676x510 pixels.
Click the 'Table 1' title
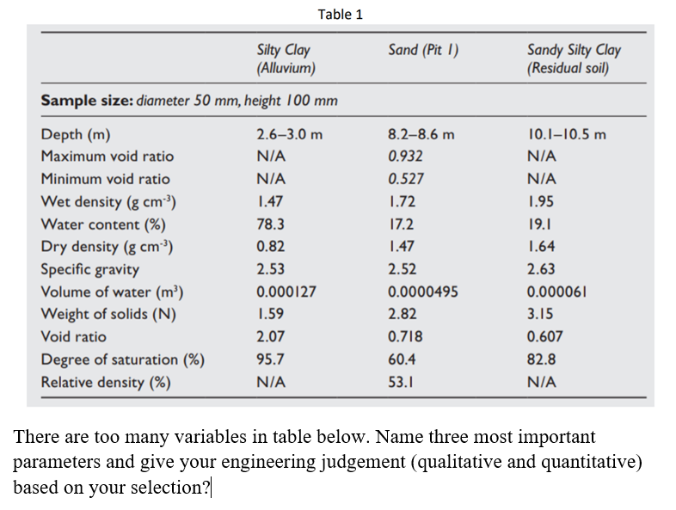tap(340, 14)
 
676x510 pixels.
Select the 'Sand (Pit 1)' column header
tap(422, 50)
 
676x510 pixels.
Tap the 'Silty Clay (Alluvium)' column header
tap(285, 58)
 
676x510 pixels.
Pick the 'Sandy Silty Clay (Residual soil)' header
tap(573, 58)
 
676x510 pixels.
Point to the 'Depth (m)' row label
tap(76, 134)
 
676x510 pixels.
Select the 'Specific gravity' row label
tap(90, 269)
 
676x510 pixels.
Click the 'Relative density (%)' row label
tap(105, 382)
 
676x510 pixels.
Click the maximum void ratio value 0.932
tap(405, 157)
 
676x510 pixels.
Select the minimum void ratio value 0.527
tap(405, 179)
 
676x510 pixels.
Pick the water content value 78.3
tap(271, 224)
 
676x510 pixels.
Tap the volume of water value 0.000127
tap(286, 292)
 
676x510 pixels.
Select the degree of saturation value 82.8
tap(541, 359)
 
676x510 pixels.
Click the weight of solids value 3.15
tap(539, 314)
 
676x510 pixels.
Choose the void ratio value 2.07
tap(271, 337)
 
